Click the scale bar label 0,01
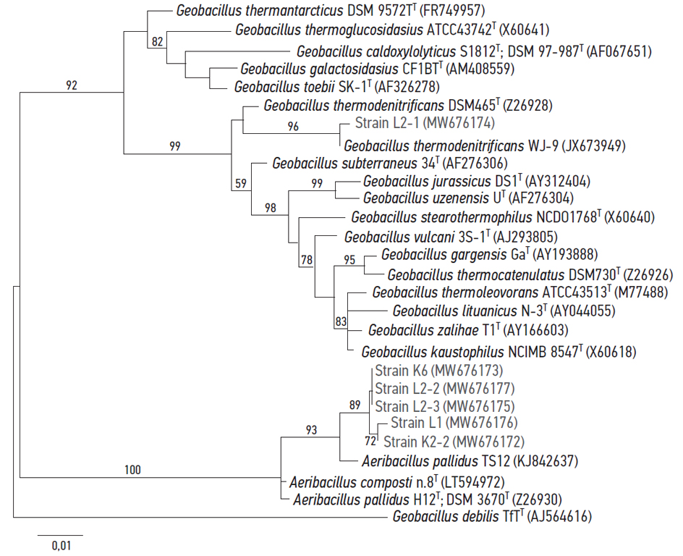pos(61,546)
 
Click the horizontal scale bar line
pos(61,535)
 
